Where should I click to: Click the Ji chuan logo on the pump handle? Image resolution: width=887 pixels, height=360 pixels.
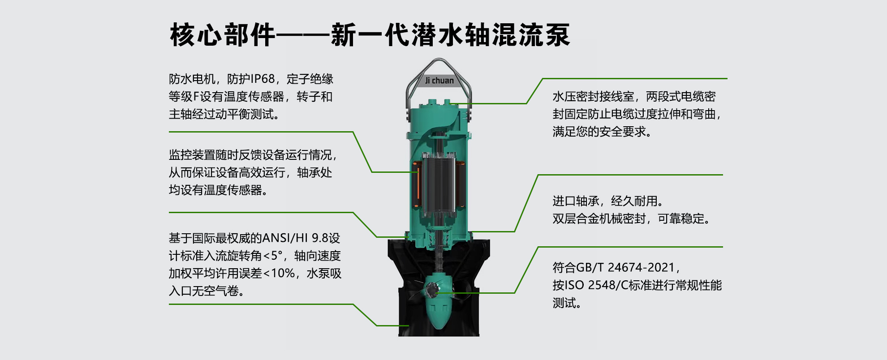coord(439,81)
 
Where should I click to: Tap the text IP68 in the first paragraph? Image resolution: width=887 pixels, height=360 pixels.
coord(263,79)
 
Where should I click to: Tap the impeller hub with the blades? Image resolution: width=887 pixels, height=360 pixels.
coord(434,291)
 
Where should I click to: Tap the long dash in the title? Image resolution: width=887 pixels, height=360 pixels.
coord(303,35)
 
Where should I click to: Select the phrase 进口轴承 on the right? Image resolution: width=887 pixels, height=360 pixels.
coord(576,201)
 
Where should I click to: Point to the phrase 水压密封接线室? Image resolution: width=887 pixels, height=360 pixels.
coord(594,97)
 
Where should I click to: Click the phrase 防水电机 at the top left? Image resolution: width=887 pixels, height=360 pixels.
coord(192,79)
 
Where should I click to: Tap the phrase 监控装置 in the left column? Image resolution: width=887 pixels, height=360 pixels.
coord(192,155)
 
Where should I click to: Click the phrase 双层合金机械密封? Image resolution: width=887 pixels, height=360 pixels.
coord(599,219)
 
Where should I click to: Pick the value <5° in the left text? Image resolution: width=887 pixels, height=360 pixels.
coord(273,256)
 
